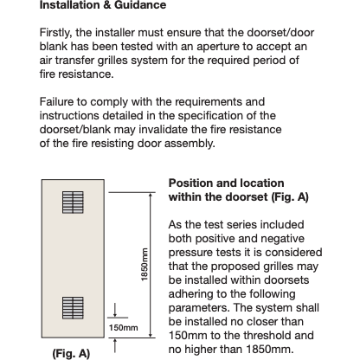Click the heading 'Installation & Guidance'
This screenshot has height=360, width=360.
(103, 5)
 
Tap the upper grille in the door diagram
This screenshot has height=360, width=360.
(73, 202)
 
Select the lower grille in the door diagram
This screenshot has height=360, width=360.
(73, 308)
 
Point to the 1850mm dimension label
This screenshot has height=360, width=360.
(145, 264)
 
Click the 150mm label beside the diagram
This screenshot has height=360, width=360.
(123, 328)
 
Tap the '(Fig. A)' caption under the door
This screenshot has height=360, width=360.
(71, 353)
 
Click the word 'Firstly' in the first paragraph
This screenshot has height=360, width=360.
(55, 33)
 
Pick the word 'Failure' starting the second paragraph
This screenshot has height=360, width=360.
(56, 102)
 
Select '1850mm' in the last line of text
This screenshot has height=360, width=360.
(270, 350)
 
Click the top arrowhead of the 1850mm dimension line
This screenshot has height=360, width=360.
(151, 196)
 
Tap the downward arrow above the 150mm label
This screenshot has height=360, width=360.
(115, 310)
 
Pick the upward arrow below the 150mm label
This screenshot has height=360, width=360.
(115, 345)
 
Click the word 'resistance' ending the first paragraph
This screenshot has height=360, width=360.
(86, 74)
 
